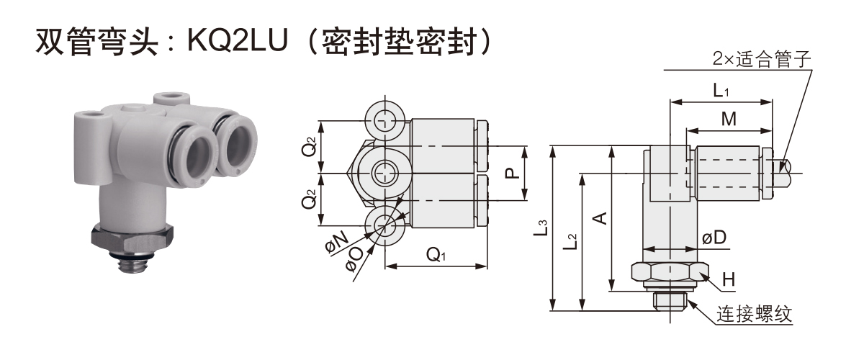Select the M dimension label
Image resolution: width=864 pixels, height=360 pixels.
tap(729, 120)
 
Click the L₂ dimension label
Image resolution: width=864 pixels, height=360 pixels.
tap(570, 241)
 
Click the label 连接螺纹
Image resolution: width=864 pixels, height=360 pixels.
tap(753, 315)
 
